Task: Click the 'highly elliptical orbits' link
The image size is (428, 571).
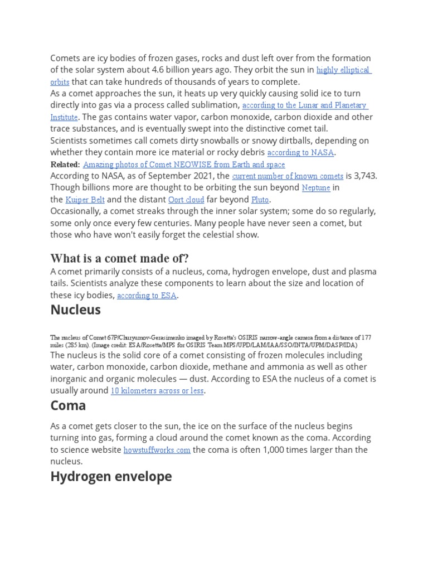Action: tap(343, 70)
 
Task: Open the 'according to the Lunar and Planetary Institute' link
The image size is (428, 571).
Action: tap(304, 105)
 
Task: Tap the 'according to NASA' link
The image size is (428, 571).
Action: tap(300, 153)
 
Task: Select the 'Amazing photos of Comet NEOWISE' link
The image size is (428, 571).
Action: tap(184, 164)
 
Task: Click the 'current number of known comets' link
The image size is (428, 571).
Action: tap(287, 176)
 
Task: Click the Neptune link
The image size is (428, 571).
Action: tap(316, 188)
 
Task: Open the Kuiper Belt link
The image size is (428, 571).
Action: tap(85, 200)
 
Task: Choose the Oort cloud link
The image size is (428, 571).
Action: tap(186, 200)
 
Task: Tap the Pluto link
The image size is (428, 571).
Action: tap(260, 200)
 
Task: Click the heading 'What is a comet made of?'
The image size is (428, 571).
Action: tap(119, 258)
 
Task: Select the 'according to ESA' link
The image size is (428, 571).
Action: tap(147, 296)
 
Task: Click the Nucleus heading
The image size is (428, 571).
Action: tap(75, 310)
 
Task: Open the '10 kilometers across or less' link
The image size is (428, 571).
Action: tap(157, 391)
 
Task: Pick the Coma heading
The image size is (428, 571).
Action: tap(68, 405)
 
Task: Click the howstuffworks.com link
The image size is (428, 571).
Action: tap(157, 450)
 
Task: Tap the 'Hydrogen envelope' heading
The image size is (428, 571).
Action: tap(111, 476)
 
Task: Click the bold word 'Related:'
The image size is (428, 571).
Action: tap(65, 164)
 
